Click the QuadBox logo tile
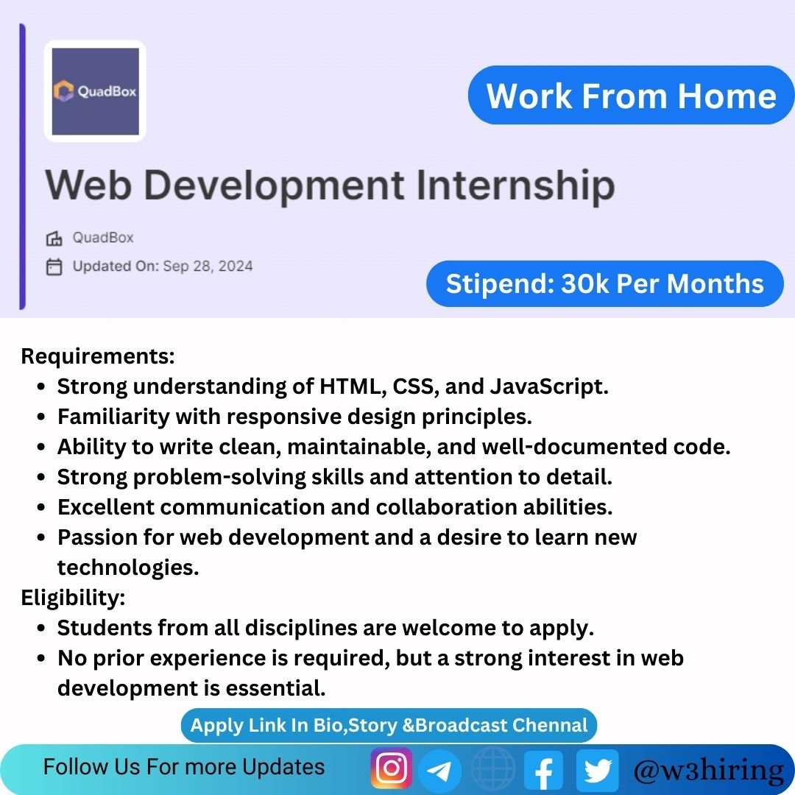(x=95, y=91)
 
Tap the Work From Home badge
(x=632, y=95)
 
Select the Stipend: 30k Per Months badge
(x=605, y=283)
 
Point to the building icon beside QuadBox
(x=54, y=238)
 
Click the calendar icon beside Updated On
(x=54, y=266)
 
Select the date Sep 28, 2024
(x=208, y=266)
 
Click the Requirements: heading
(x=98, y=356)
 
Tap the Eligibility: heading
(x=73, y=597)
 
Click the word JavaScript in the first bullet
(x=549, y=387)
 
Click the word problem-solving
(x=219, y=478)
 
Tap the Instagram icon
(x=392, y=768)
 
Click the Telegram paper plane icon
(x=439, y=771)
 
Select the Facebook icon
(x=543, y=770)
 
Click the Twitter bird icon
(x=598, y=770)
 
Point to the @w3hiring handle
(x=709, y=770)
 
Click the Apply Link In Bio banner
(x=389, y=726)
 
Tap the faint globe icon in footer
(x=492, y=769)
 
